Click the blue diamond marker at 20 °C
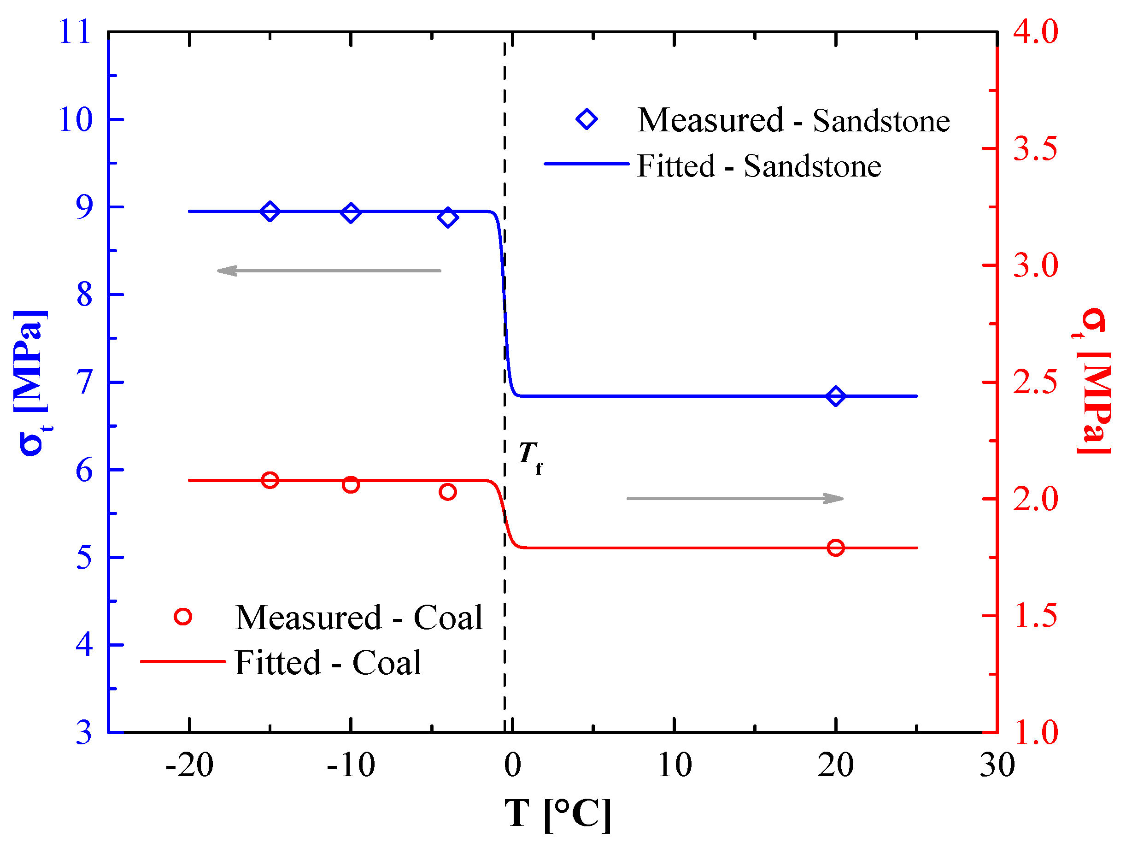[x=836, y=396]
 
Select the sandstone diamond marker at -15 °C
[x=270, y=211]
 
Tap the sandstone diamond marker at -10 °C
[x=351, y=212]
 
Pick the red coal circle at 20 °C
[x=836, y=548]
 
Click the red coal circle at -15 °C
[x=270, y=480]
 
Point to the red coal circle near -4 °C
[x=447, y=492]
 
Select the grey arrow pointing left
[x=328, y=270]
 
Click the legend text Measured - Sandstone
[x=793, y=121]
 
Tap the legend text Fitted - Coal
[x=328, y=663]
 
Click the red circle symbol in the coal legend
[x=183, y=617]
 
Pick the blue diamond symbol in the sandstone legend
[x=587, y=119]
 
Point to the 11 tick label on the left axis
[x=75, y=32]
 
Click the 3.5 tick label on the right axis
[x=1035, y=149]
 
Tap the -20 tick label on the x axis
[x=189, y=766]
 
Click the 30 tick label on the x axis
[x=997, y=766]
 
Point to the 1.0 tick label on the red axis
[x=1036, y=732]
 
